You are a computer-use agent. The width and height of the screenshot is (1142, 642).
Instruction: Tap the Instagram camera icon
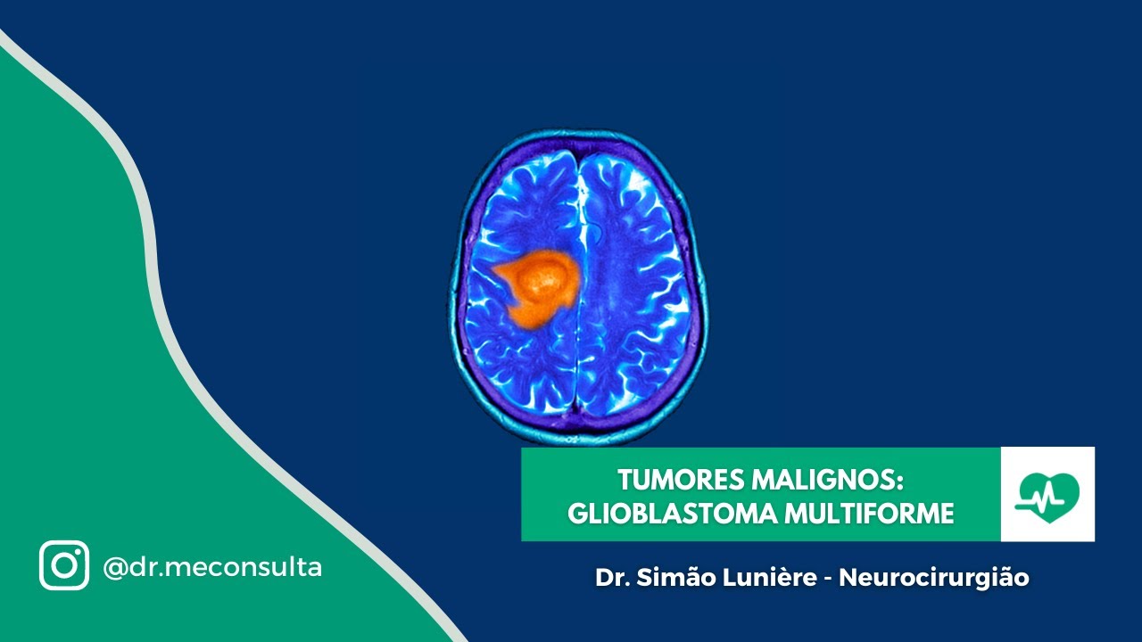pos(64,565)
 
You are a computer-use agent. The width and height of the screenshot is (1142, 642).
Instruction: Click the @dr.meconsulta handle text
pos(212,566)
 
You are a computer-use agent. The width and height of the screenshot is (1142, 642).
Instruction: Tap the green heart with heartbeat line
pos(1047,493)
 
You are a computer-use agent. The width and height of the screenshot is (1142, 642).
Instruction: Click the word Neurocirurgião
pos(934,578)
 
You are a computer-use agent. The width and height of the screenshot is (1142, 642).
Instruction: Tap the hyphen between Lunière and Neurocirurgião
pos(829,579)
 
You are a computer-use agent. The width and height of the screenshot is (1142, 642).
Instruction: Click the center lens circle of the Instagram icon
pos(64,566)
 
